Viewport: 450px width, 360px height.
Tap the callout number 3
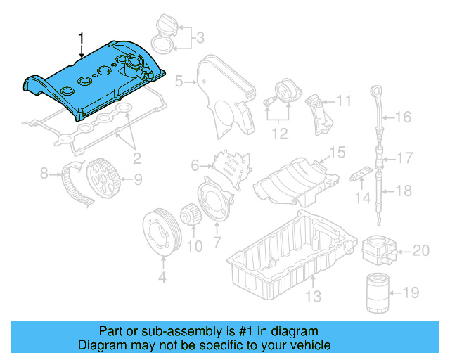tap(200, 37)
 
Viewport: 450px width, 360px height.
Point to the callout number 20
tap(420, 250)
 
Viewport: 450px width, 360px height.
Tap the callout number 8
tap(44, 172)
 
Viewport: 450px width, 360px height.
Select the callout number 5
tap(179, 82)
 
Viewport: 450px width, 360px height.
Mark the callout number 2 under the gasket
tap(137, 157)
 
